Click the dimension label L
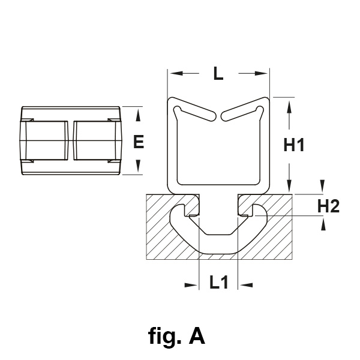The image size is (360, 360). pos(218,75)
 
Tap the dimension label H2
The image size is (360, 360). pos(329,206)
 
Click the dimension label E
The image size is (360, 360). pos(139,142)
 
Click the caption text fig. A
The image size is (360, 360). pos(176,337)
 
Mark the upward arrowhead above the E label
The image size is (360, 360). pos(139,113)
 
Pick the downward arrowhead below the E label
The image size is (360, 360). pos(139,167)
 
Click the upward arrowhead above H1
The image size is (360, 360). pos(290,107)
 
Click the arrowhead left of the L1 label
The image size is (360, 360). pos(191,284)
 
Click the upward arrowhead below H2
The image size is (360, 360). pos(323,225)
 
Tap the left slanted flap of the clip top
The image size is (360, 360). pos(195,113)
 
